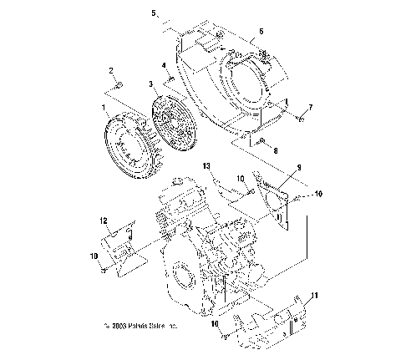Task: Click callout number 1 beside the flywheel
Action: coord(104,109)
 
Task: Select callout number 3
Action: coord(151,84)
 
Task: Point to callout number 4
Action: coord(165,65)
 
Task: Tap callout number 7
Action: coord(310,108)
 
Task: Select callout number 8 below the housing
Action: coord(277,151)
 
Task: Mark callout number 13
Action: coord(206,166)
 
